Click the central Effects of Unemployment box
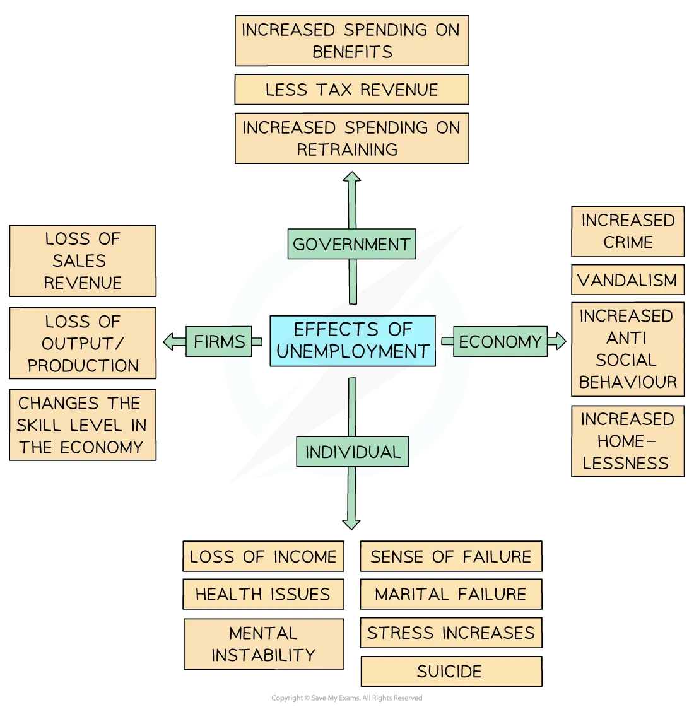(352, 341)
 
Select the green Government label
(351, 244)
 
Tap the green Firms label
(219, 341)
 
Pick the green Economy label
(500, 341)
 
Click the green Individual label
(352, 452)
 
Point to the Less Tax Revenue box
(351, 90)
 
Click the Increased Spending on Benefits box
(351, 40)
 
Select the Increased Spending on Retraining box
(351, 138)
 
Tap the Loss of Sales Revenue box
(83, 260)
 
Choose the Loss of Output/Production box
(83, 343)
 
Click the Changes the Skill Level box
(83, 426)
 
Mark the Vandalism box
(627, 280)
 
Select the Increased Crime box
(627, 231)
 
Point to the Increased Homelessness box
(627, 441)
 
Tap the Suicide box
(450, 672)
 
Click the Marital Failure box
(450, 594)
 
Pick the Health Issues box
(262, 594)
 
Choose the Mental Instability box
(262, 644)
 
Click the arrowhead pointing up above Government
(352, 178)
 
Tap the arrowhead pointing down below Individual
(352, 523)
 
